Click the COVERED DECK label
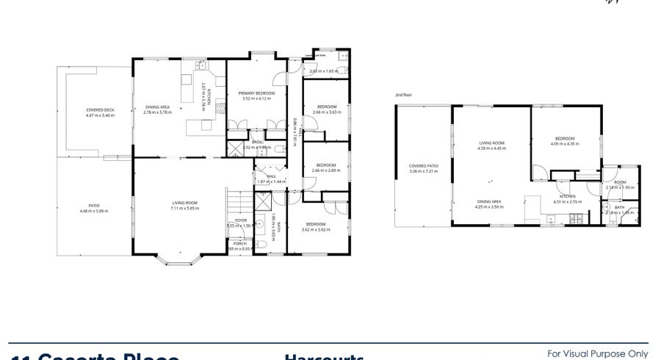tap(101, 110)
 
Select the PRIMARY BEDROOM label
tap(256, 93)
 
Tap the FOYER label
tap(241, 220)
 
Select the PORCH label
tap(240, 243)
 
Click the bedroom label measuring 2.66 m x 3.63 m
tap(326, 107)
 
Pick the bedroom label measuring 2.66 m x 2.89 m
tap(326, 165)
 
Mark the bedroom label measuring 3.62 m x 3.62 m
tap(316, 224)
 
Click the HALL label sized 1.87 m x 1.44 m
tap(271, 176)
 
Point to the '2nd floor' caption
tap(404, 96)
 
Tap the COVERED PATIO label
tap(424, 166)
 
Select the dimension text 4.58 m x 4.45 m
tap(491, 148)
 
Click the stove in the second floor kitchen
tap(578, 218)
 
